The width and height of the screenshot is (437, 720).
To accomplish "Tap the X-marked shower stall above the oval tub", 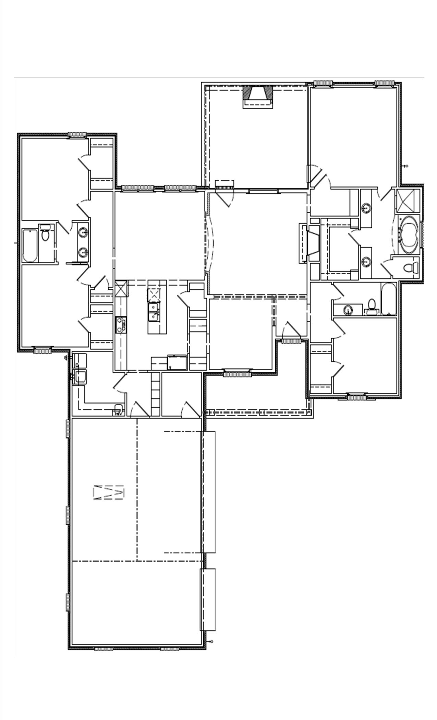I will [408, 201].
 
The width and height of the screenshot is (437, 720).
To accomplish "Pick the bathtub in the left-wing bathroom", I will [30, 245].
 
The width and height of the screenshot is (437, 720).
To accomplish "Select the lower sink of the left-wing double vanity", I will [83, 253].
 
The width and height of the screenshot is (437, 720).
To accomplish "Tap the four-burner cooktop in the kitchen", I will [121, 325].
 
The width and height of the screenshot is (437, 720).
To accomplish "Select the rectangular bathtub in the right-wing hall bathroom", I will [389, 299].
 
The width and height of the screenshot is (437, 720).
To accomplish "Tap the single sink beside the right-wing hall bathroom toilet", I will [348, 310].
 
